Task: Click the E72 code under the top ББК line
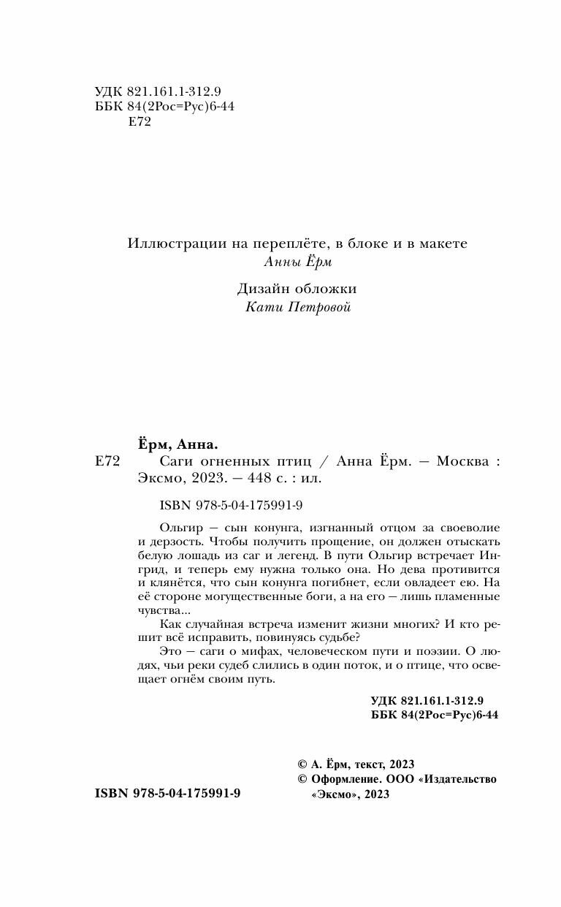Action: pos(139,123)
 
